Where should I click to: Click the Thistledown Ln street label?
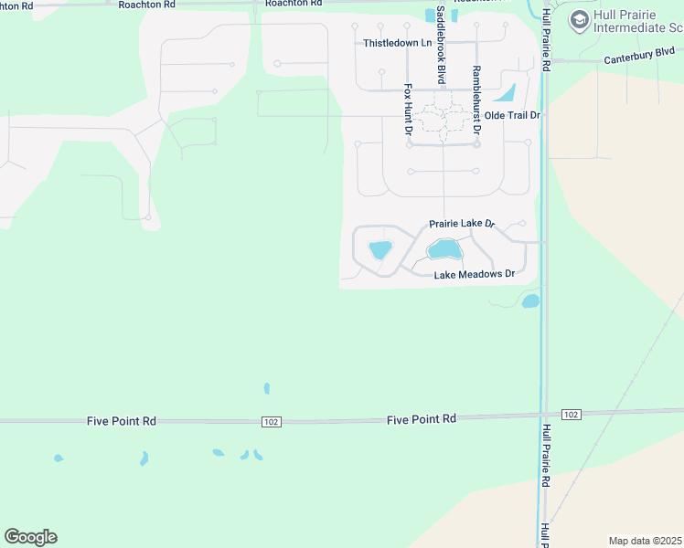click(x=397, y=43)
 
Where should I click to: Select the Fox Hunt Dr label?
click(x=408, y=111)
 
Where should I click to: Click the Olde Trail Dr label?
click(x=512, y=115)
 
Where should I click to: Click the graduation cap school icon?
click(x=578, y=20)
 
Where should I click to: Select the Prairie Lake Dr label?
click(x=462, y=224)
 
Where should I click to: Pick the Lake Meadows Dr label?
click(x=474, y=274)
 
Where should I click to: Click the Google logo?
click(x=30, y=537)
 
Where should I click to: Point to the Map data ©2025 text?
click(x=645, y=541)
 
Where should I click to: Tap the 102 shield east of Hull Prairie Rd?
click(x=571, y=415)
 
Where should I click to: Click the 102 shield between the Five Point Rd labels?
click(x=270, y=421)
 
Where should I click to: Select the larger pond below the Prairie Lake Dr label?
click(x=444, y=248)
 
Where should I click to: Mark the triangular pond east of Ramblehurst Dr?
click(x=506, y=93)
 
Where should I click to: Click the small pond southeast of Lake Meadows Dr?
click(x=530, y=300)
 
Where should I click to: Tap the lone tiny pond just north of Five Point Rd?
click(x=266, y=388)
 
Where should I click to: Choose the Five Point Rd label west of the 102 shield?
click(x=122, y=421)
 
